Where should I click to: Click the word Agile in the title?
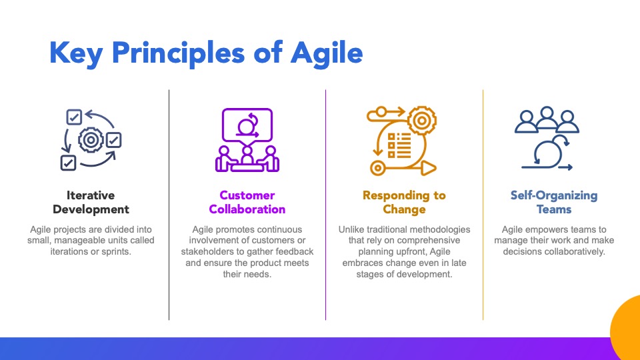327,53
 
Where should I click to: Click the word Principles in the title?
178,53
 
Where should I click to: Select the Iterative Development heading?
91,202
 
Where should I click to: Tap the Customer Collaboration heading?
247,202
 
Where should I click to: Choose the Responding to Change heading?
404,202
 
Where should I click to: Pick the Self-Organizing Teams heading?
554,202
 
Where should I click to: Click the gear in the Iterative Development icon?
91,140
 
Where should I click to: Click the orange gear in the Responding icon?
421,121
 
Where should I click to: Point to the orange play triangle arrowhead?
429,168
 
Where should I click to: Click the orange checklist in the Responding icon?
399,145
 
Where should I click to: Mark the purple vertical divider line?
326,205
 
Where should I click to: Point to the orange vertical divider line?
483,205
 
